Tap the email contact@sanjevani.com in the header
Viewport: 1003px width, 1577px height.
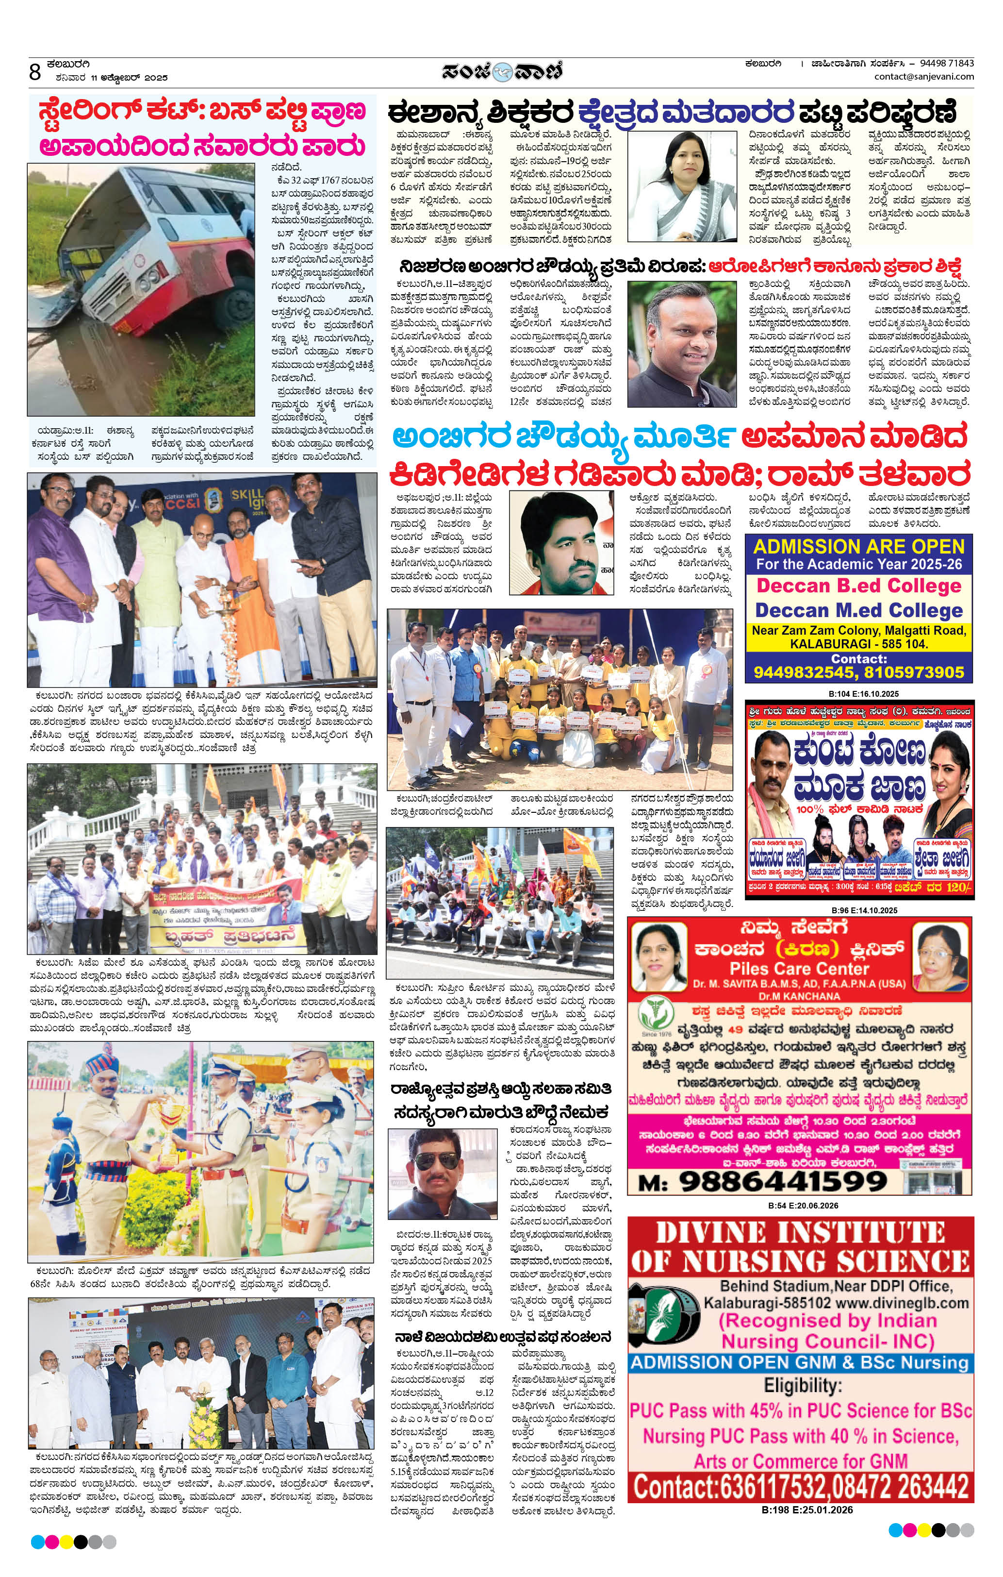[x=924, y=77]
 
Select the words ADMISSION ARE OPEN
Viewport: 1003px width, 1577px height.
[x=859, y=546]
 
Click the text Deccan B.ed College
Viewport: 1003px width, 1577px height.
[x=859, y=586]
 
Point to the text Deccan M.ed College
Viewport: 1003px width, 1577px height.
[x=859, y=610]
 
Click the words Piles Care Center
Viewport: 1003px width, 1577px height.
[x=799, y=969]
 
